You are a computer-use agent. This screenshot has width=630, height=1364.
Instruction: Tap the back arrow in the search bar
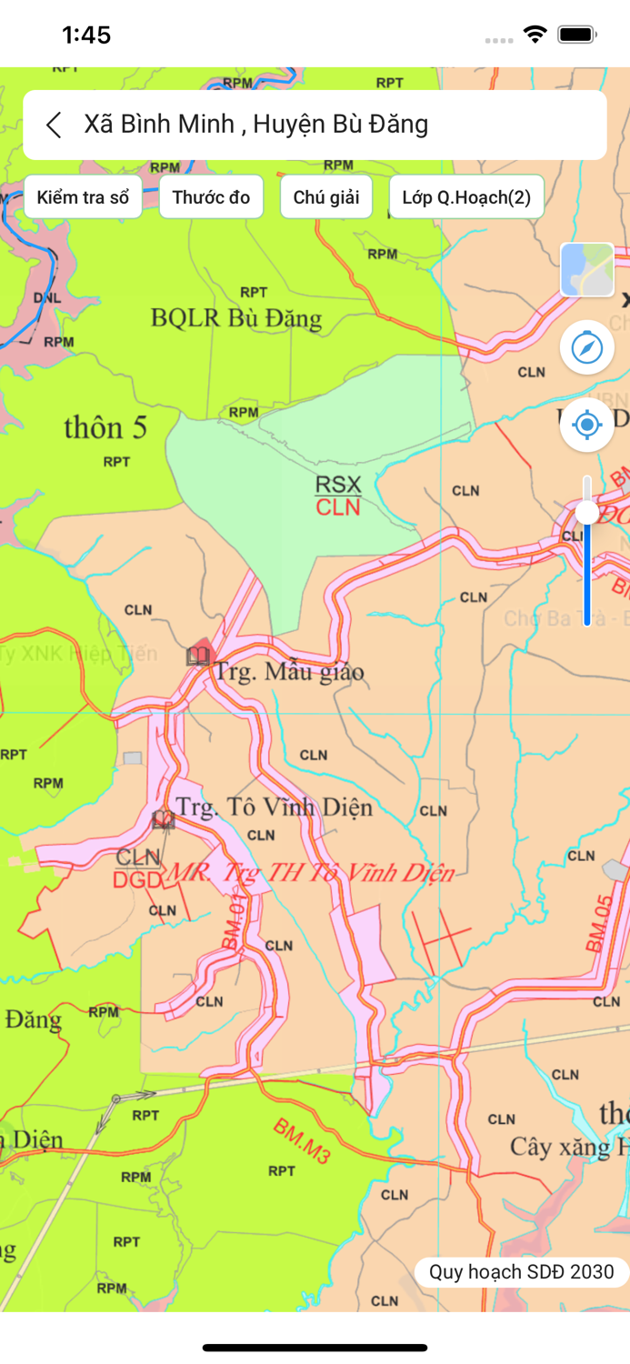(x=54, y=125)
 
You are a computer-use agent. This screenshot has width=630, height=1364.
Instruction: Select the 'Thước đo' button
(x=211, y=197)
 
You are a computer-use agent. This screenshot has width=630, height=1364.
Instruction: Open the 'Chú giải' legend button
(x=326, y=197)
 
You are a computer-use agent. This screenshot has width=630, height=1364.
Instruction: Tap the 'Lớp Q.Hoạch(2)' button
(x=466, y=197)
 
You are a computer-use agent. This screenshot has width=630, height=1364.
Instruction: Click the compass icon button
(x=587, y=347)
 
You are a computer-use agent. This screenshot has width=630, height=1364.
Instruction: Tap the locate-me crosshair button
(x=587, y=425)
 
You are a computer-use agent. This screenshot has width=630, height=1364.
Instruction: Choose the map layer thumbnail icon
(x=587, y=270)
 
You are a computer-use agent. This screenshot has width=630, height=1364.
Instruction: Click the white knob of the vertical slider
(x=587, y=513)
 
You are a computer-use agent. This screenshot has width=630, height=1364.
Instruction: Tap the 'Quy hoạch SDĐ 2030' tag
(x=522, y=1271)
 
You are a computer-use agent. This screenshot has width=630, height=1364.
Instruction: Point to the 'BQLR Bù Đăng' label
(x=236, y=318)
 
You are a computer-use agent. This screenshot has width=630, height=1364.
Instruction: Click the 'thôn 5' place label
(x=105, y=428)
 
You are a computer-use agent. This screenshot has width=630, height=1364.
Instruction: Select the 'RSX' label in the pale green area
(x=338, y=484)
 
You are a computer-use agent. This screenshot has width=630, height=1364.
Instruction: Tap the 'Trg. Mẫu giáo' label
(x=288, y=672)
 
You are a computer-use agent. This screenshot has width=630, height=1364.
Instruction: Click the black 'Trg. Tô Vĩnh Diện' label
(x=274, y=807)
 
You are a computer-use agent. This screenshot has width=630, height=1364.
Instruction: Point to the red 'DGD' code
(x=138, y=879)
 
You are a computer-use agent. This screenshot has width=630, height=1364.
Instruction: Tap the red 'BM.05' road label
(x=599, y=923)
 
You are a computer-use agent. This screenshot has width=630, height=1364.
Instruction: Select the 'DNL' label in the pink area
(x=47, y=297)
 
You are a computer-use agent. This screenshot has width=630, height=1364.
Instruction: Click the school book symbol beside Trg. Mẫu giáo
(x=197, y=656)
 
